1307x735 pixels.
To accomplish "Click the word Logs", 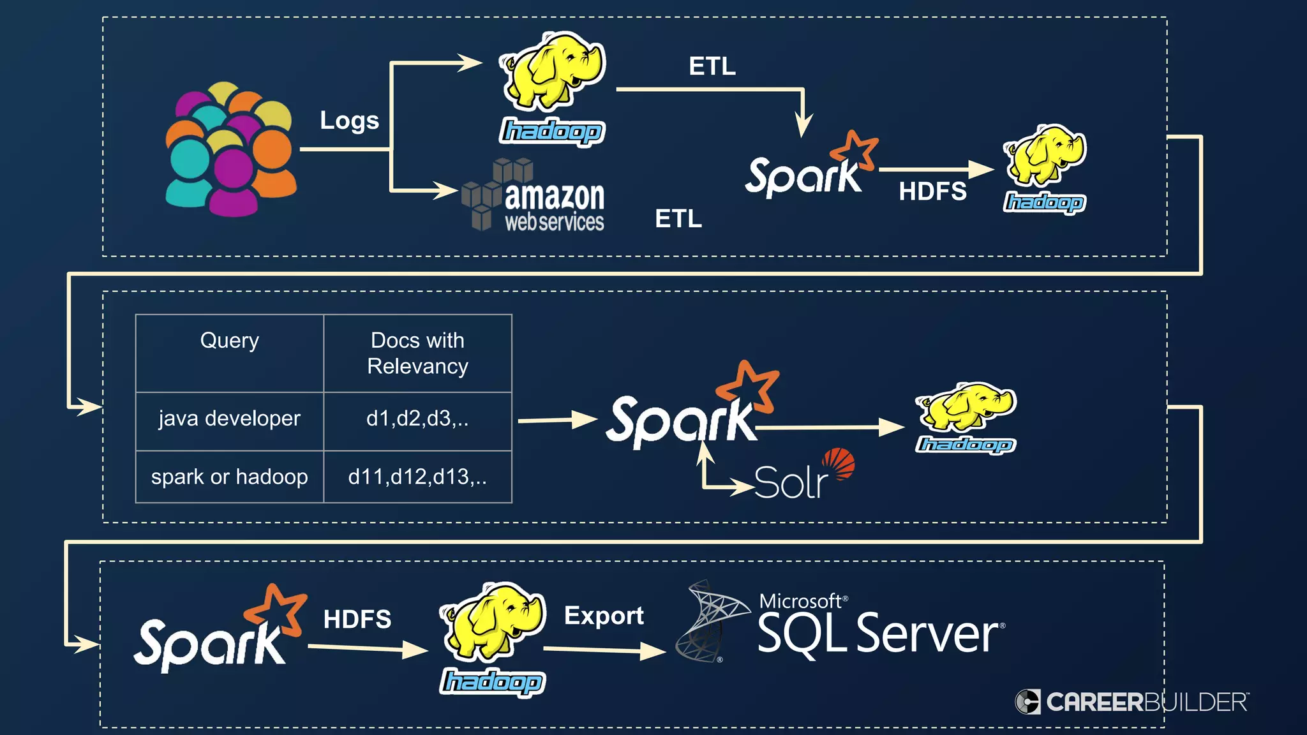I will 349,121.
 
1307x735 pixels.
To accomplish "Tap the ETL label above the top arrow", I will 712,66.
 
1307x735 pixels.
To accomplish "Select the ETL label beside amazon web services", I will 678,219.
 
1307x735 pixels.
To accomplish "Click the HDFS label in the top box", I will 932,191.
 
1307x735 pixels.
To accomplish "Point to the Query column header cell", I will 229,353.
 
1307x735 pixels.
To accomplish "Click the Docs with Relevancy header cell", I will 417,353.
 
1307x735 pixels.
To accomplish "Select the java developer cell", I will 229,419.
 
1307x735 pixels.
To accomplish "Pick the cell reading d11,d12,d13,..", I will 417,477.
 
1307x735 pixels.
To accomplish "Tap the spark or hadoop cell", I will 229,477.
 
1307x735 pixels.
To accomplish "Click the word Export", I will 604,616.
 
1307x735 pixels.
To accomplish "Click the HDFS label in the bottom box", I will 357,619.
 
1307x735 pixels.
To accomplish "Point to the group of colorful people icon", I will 230,150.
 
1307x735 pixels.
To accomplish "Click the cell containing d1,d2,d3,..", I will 417,419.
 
